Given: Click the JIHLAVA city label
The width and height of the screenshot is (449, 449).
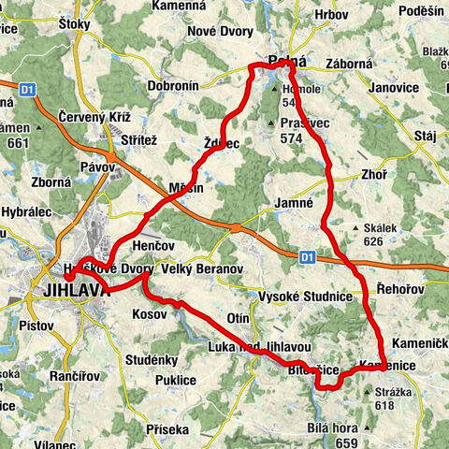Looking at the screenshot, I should coord(75,290).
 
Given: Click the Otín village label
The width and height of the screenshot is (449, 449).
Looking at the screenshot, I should coord(239,317).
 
